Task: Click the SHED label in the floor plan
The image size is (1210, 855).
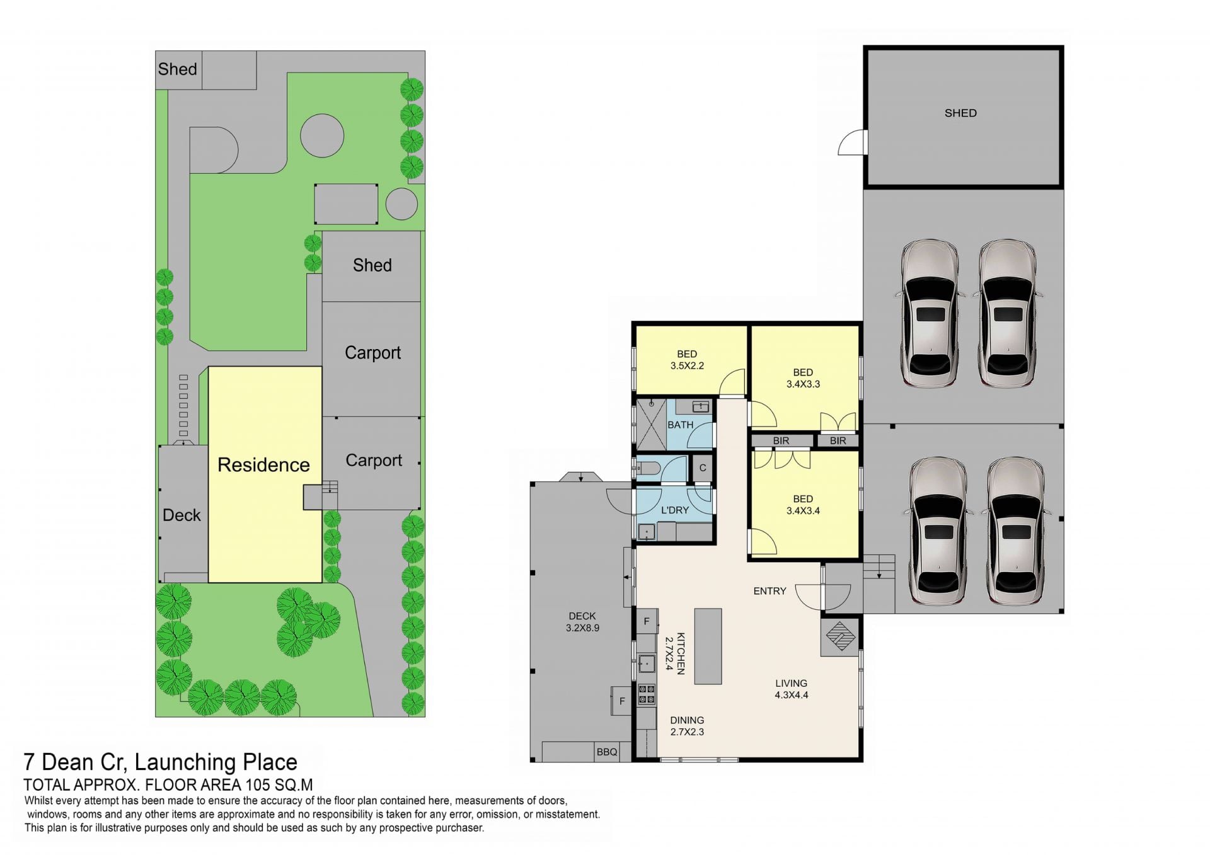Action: [x=960, y=113]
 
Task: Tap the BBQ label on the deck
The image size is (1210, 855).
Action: [x=607, y=752]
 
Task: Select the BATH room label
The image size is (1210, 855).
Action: [x=681, y=425]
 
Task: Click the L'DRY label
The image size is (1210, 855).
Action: [x=675, y=510]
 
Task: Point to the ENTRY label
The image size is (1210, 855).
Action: [x=770, y=591]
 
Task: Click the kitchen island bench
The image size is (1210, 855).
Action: [x=708, y=646]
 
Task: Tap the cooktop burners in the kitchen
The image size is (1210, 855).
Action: [x=647, y=694]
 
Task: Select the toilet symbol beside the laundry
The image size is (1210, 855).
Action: [x=648, y=468]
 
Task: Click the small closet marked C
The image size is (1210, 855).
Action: [x=703, y=468]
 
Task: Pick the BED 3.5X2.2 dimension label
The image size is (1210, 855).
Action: [x=687, y=360]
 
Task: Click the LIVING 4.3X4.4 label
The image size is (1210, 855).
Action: [x=792, y=689]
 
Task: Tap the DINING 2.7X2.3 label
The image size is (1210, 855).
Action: [x=687, y=726]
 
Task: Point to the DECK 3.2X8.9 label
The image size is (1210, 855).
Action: [x=582, y=622]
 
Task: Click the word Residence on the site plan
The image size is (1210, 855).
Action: [x=263, y=465]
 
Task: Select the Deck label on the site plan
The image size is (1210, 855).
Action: [x=181, y=515]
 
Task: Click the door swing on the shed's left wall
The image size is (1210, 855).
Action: [x=853, y=142]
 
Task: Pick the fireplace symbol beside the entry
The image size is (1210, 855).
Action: [x=841, y=636]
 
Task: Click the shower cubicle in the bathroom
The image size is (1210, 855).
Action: [x=651, y=425]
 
